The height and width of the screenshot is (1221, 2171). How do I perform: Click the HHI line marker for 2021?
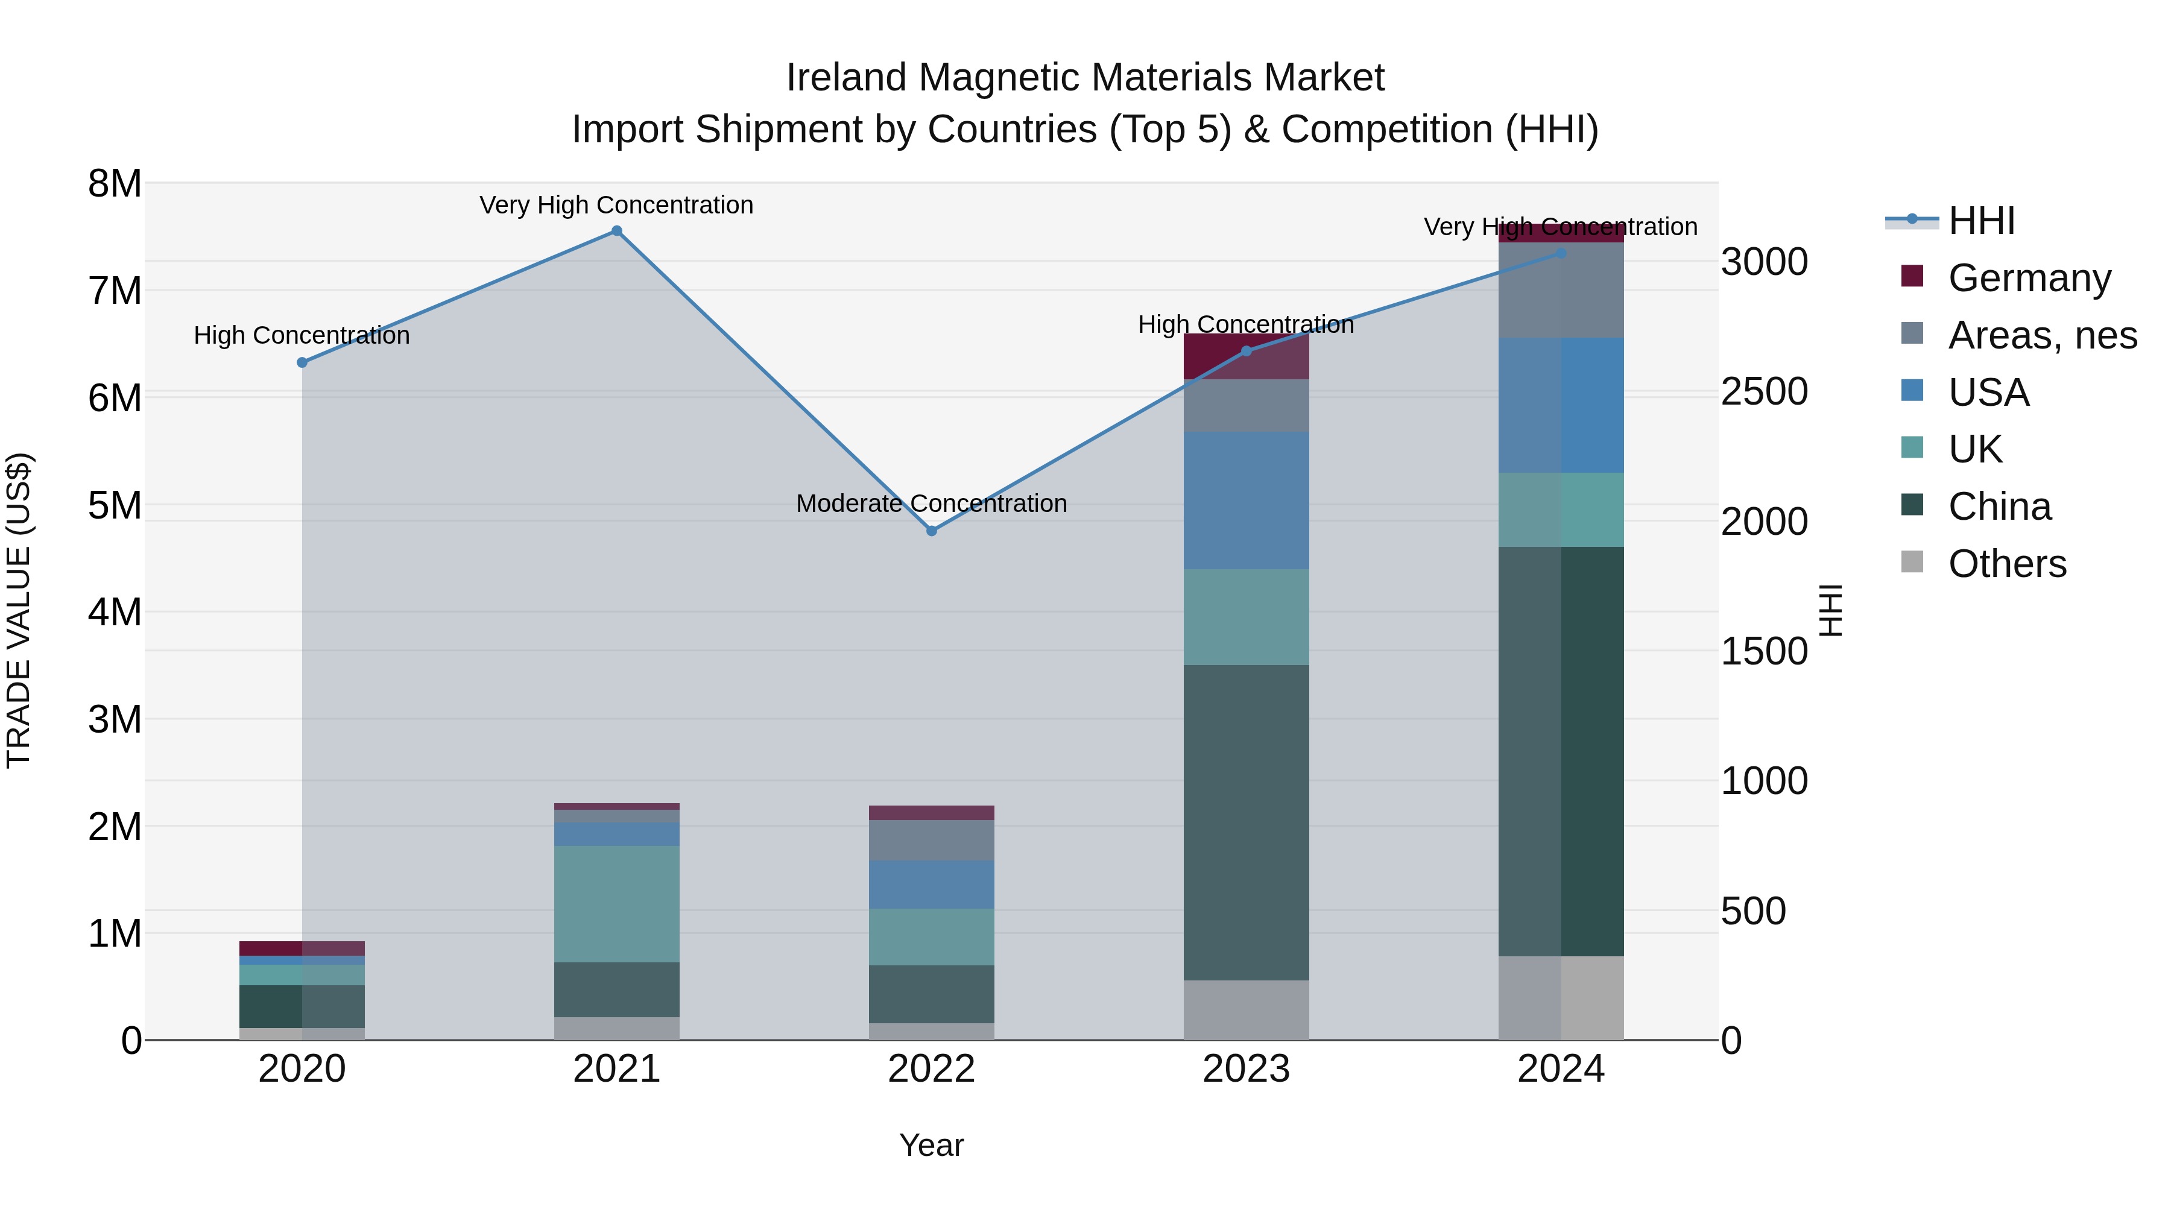point(617,231)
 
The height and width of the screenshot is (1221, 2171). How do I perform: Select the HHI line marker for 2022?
point(931,531)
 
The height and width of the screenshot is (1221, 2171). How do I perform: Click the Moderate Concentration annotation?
point(931,504)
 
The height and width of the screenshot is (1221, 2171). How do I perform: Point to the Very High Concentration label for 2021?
point(616,206)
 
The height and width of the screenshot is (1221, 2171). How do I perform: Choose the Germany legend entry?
point(2029,278)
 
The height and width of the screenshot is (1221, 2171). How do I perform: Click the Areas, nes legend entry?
point(2042,335)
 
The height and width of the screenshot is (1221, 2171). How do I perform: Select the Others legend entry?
point(2006,564)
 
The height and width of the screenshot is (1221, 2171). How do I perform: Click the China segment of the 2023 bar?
point(1247,822)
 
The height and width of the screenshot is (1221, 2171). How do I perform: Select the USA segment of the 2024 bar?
point(1561,405)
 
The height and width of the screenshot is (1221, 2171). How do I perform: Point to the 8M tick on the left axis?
point(115,184)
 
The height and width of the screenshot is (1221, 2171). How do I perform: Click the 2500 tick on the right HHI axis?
point(1764,392)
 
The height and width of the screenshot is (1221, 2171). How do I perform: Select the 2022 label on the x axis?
point(931,1069)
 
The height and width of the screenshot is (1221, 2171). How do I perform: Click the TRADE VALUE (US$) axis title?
point(19,610)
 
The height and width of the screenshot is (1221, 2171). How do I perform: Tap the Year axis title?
point(931,1145)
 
